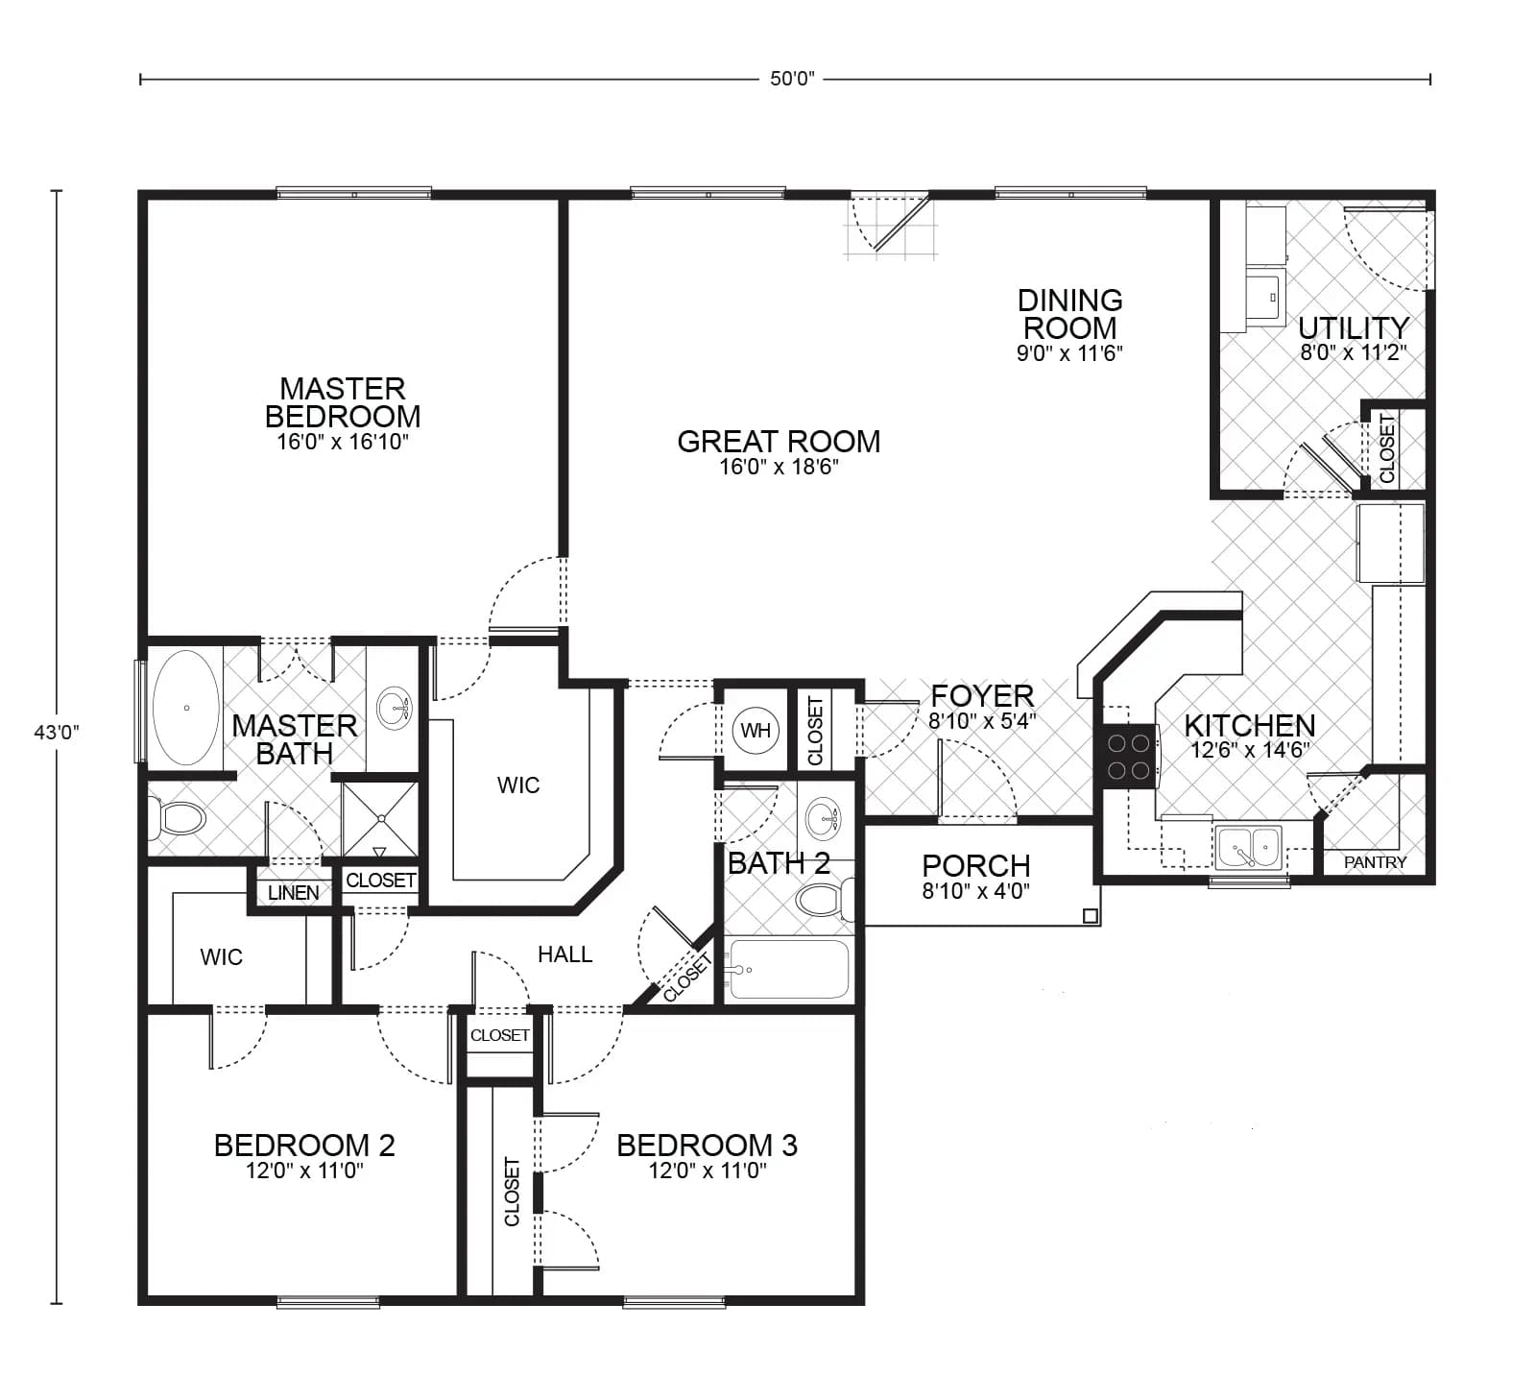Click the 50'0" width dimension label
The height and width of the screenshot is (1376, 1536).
click(792, 79)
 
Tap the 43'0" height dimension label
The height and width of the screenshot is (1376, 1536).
click(57, 732)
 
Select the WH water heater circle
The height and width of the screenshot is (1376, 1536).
click(756, 731)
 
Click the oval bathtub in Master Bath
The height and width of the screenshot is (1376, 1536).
click(186, 708)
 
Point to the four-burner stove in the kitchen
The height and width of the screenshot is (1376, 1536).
click(1129, 757)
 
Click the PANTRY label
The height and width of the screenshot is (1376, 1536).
click(1375, 862)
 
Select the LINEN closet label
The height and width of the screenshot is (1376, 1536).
click(293, 893)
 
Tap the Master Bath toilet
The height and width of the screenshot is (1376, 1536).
click(178, 819)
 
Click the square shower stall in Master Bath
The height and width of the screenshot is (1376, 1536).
click(380, 818)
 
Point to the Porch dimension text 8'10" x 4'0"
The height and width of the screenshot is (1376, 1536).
click(975, 891)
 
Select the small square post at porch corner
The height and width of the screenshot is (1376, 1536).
click(1090, 916)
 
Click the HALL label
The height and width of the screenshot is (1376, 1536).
click(564, 954)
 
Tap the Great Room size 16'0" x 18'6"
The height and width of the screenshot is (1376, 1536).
click(779, 468)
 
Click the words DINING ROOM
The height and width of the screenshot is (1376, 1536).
click(1069, 313)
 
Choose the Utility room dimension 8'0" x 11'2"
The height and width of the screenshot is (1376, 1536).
click(1353, 353)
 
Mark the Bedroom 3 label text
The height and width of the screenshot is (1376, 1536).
click(707, 1145)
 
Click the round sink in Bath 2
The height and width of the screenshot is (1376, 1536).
click(823, 818)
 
